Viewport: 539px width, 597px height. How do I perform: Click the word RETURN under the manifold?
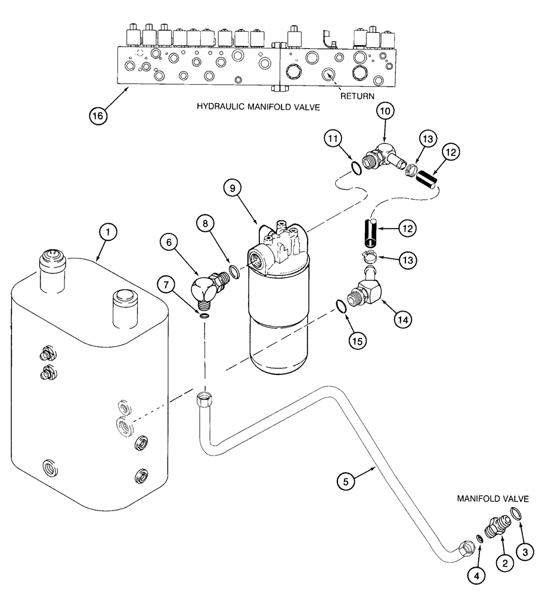pyautogui.click(x=357, y=96)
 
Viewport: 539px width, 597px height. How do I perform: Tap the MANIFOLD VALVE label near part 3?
pyautogui.click(x=497, y=498)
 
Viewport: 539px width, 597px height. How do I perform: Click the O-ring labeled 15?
pyautogui.click(x=341, y=306)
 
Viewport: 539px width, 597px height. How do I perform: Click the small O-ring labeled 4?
pyautogui.click(x=481, y=540)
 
